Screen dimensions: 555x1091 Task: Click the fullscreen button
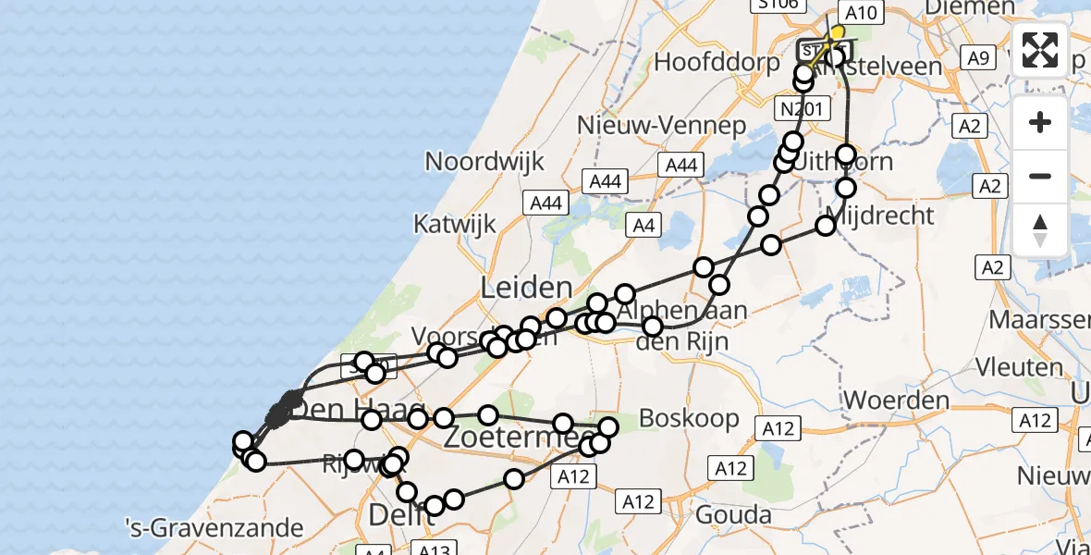click(x=1040, y=50)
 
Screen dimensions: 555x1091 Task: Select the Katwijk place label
click(x=454, y=224)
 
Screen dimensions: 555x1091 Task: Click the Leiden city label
click(x=526, y=288)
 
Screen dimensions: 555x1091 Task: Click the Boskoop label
click(x=690, y=418)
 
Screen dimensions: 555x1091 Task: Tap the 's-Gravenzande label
click(x=215, y=529)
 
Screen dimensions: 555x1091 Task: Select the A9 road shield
click(x=978, y=58)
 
